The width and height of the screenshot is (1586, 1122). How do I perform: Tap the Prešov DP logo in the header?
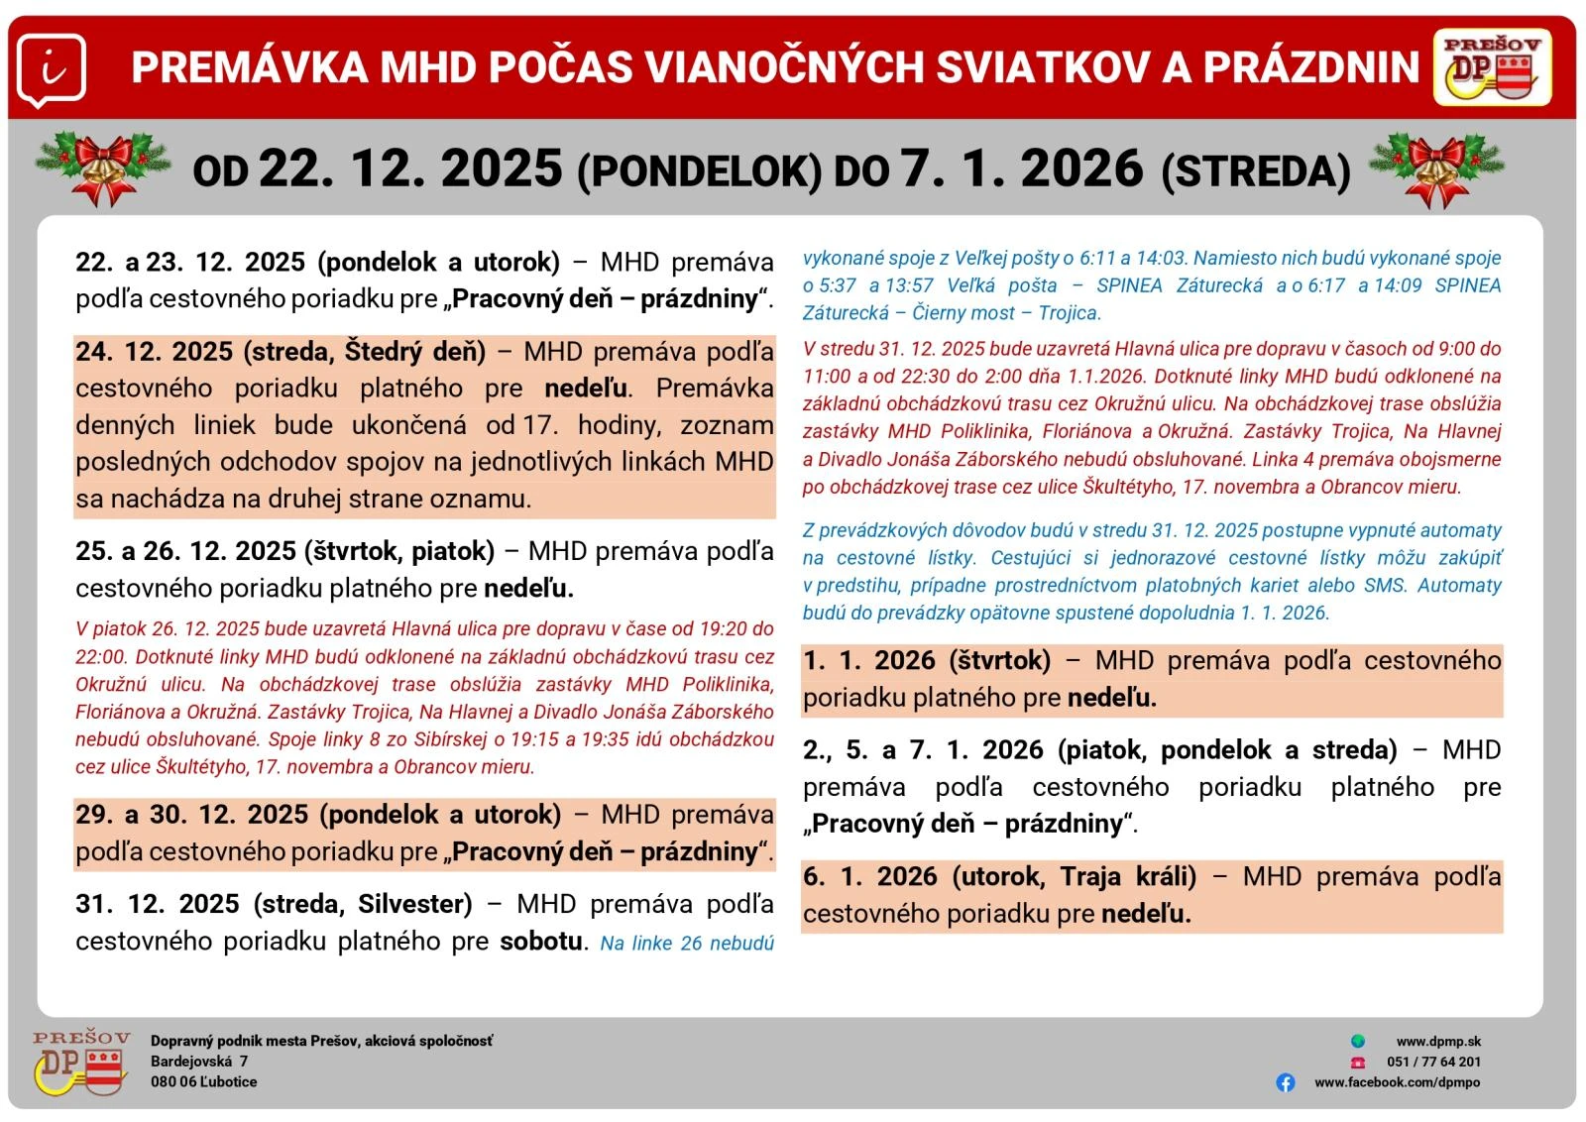click(x=1492, y=67)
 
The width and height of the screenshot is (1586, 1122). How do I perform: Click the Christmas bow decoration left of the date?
click(x=103, y=167)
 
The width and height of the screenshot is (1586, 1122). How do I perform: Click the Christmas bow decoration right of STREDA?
click(x=1436, y=167)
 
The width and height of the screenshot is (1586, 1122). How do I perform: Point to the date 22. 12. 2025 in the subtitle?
click(x=410, y=168)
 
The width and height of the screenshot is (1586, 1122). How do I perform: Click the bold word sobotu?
click(x=540, y=941)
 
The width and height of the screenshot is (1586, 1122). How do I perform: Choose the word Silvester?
click(x=414, y=904)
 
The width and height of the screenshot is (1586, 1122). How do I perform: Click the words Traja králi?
click(x=1127, y=876)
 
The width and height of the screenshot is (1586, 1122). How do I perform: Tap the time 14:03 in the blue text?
click(x=1160, y=259)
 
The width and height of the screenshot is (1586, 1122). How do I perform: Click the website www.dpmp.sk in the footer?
click(x=1438, y=1042)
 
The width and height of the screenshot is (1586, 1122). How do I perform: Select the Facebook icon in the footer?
click(x=1286, y=1082)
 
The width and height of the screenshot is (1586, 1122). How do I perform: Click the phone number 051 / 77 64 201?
click(x=1433, y=1062)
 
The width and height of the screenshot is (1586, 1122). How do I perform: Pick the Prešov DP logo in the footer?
click(x=81, y=1062)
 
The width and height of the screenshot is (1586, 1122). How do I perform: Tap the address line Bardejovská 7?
click(x=199, y=1062)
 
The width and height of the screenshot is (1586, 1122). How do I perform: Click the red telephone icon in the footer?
click(x=1357, y=1062)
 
